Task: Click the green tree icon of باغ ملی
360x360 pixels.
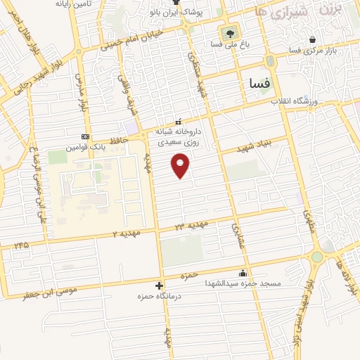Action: (229, 32)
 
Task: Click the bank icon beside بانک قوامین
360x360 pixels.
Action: (86, 136)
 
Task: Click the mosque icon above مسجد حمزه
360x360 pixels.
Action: (243, 273)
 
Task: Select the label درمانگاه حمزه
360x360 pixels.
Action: (161, 297)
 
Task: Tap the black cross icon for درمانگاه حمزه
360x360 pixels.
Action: (160, 285)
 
